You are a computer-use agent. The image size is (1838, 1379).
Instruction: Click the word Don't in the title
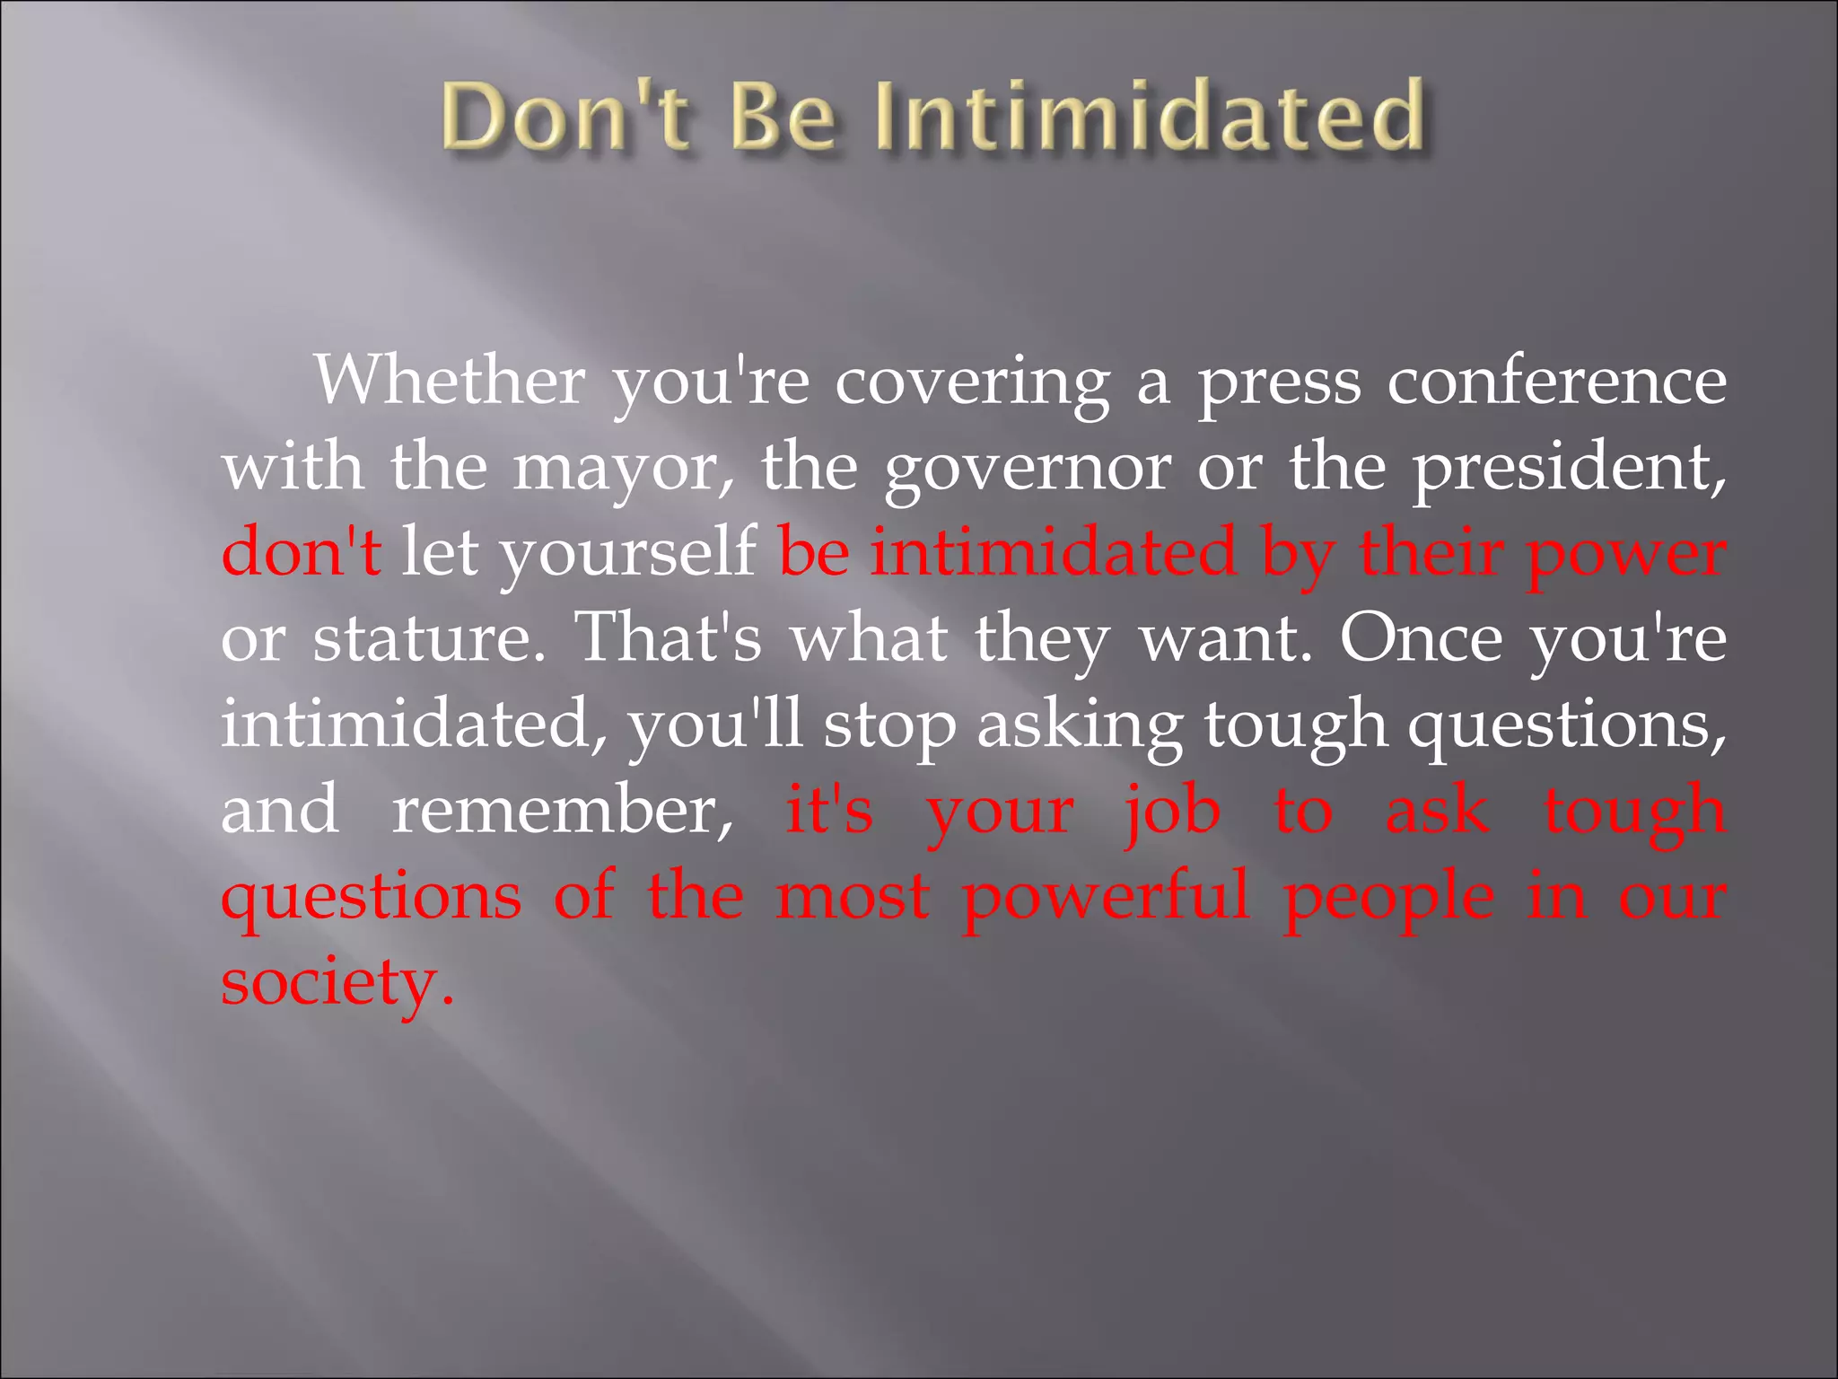tap(565, 117)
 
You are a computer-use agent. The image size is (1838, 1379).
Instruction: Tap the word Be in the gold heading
tap(783, 117)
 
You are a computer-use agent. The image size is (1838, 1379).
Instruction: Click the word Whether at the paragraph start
tap(450, 381)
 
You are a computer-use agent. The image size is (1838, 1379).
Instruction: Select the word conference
tap(1556, 381)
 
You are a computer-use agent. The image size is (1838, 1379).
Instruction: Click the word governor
tap(1027, 469)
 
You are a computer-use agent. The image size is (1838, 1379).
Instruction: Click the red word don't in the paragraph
tap(302, 551)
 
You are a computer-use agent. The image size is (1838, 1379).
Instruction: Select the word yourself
tap(627, 553)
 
